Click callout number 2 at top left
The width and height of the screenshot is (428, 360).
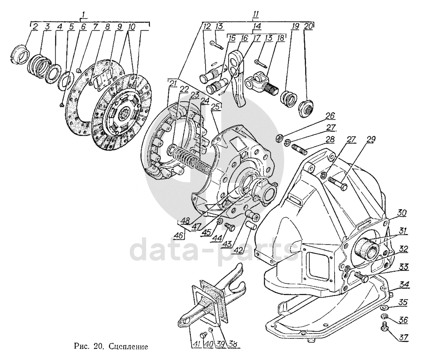(x=35, y=27)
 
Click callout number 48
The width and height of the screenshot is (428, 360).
(x=185, y=221)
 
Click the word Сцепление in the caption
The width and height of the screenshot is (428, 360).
(x=129, y=346)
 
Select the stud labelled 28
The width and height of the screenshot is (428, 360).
(x=300, y=149)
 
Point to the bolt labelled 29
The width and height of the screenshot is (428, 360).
(x=338, y=184)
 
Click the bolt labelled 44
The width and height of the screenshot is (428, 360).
(x=229, y=227)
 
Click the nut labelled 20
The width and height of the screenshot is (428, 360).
(x=306, y=109)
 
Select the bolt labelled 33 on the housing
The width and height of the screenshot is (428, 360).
(x=360, y=277)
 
